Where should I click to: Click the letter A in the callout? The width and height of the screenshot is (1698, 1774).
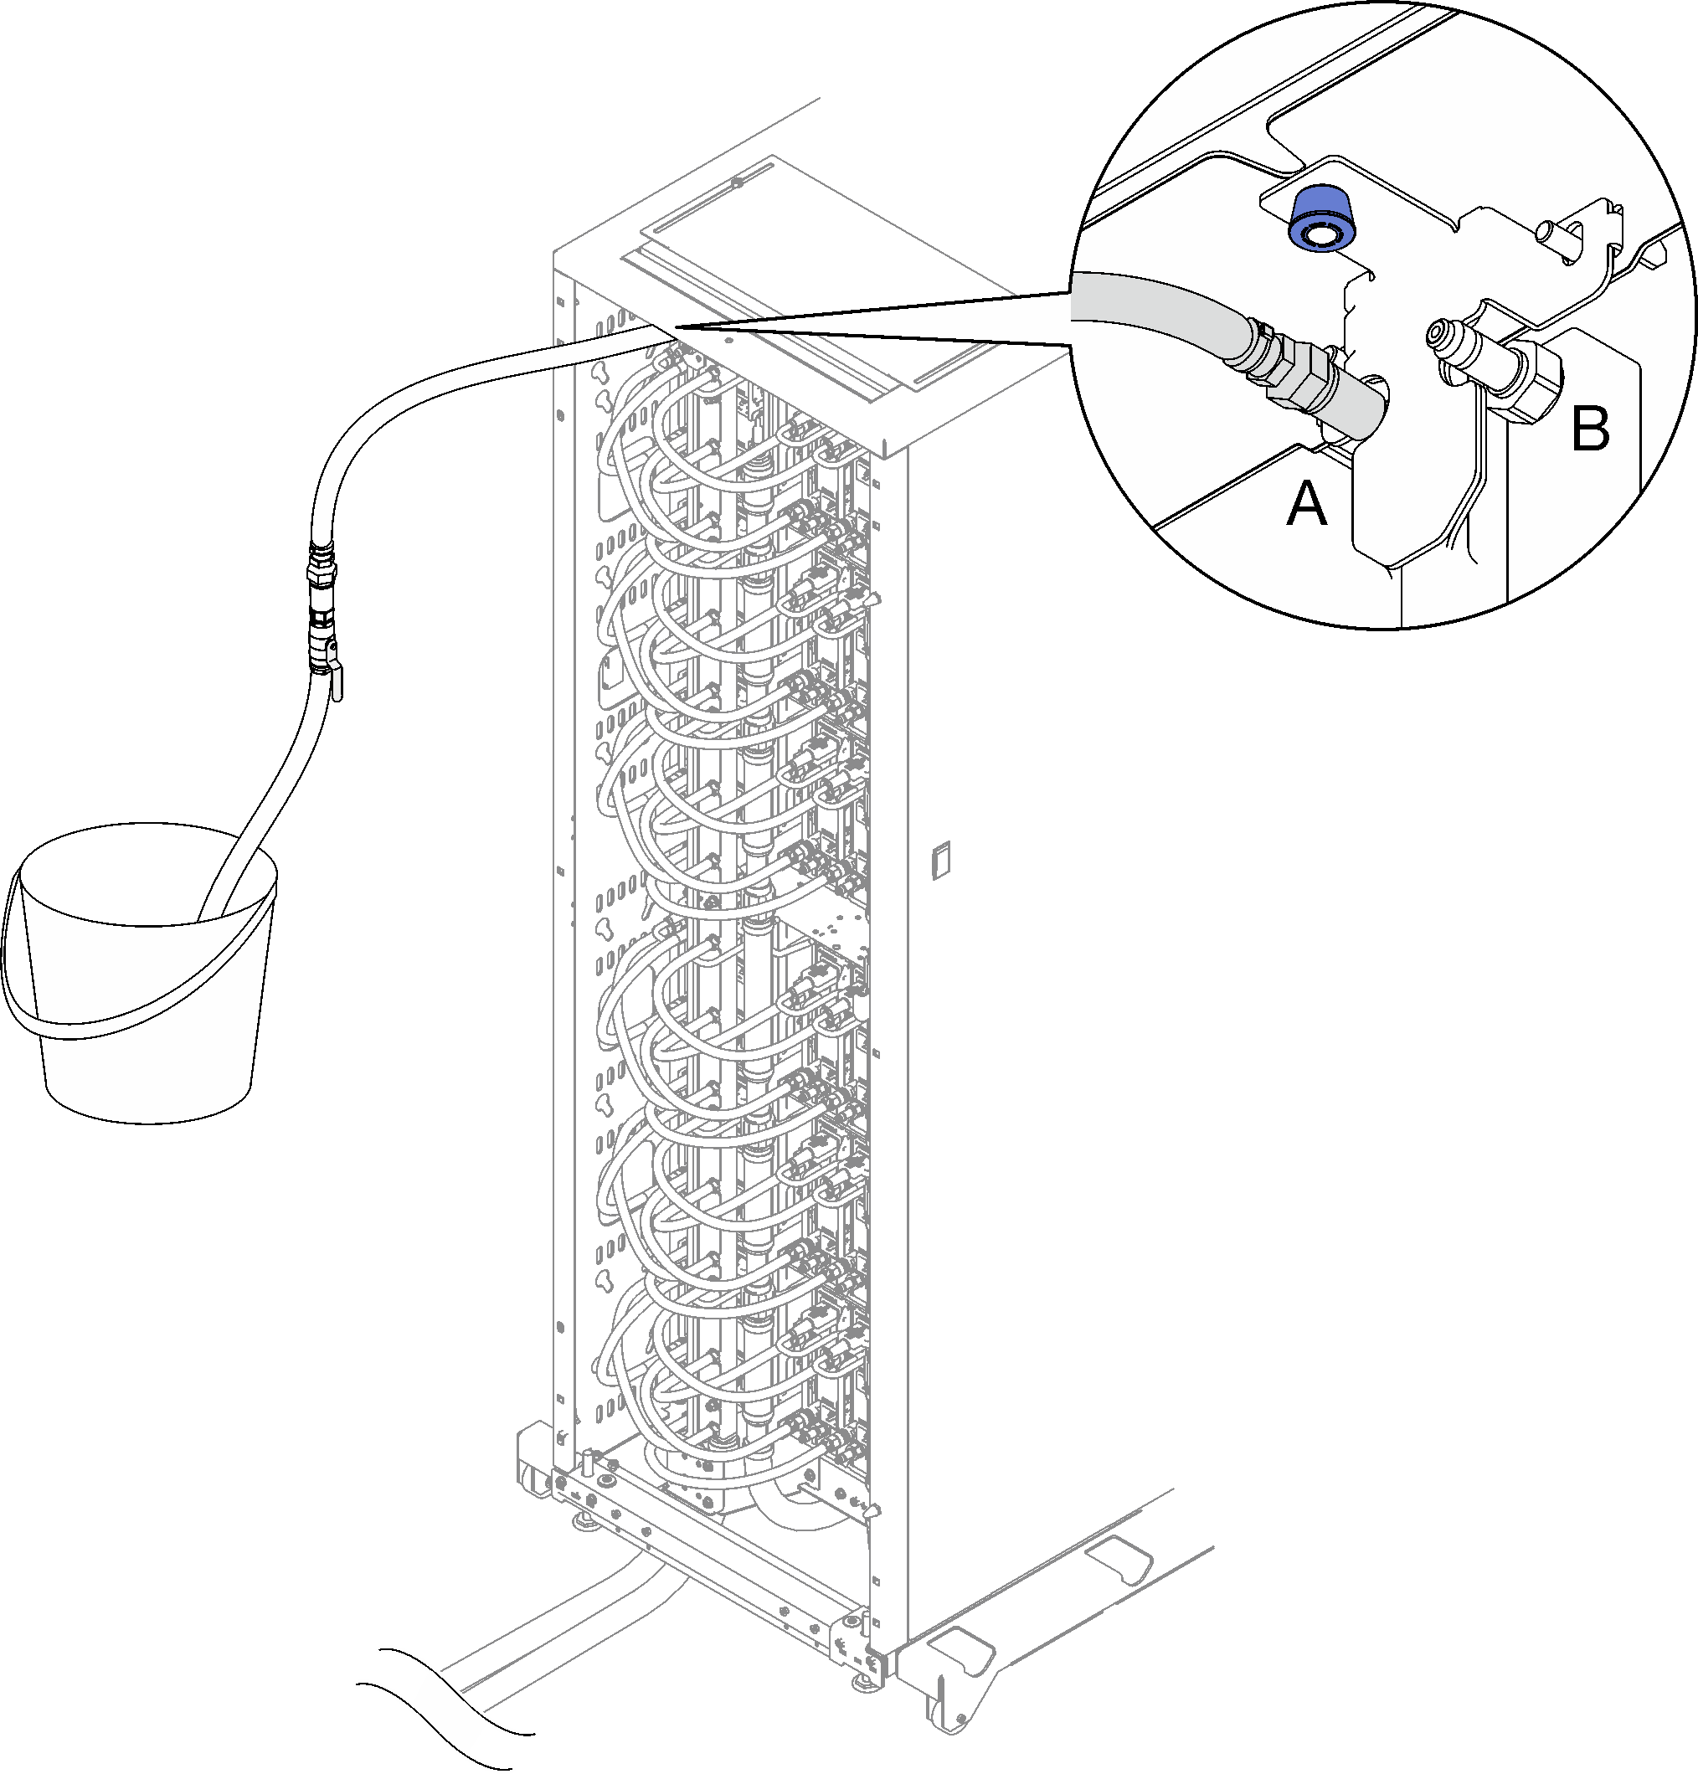pos(1307,504)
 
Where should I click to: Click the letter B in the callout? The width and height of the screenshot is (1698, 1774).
pos(1590,429)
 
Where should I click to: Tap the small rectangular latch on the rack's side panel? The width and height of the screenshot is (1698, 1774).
pos(941,859)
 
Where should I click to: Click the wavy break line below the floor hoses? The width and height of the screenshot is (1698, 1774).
pos(444,1706)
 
